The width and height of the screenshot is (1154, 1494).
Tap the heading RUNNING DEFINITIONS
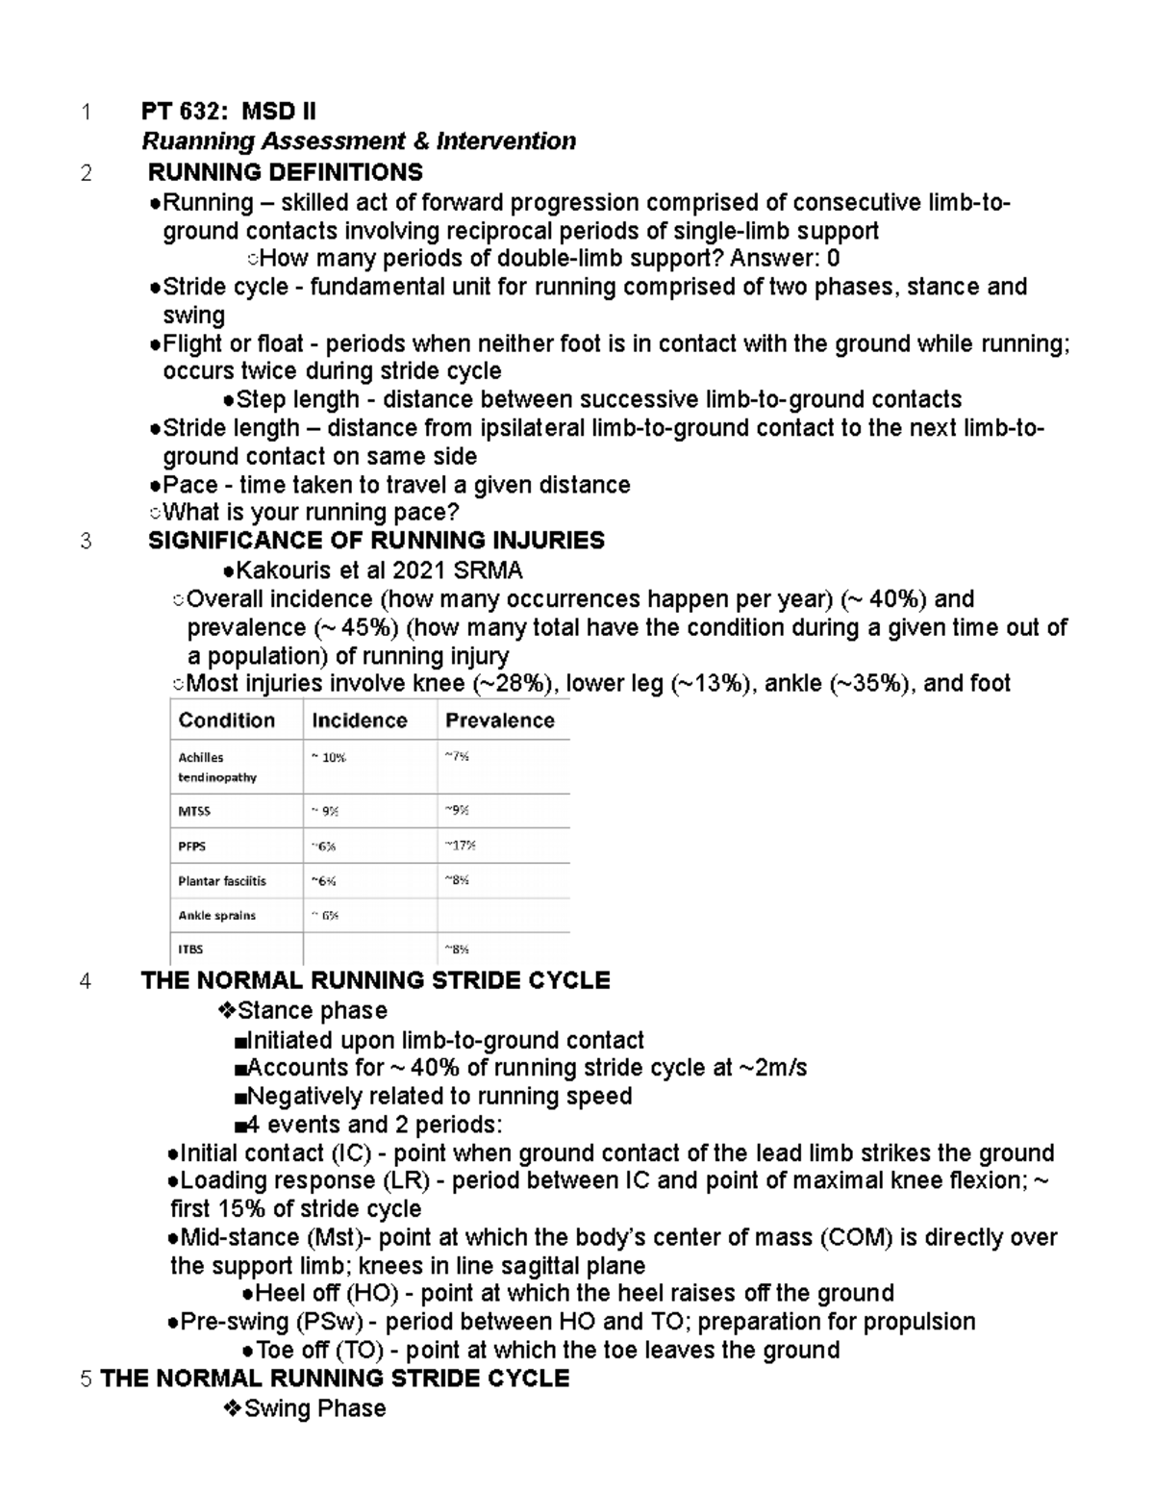tap(285, 172)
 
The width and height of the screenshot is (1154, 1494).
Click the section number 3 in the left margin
tap(87, 541)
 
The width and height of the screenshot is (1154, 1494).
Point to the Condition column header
tap(227, 721)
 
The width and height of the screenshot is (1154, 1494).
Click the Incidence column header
tap(359, 721)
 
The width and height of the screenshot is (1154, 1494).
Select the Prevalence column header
tap(500, 721)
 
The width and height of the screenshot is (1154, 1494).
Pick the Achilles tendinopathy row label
tap(217, 767)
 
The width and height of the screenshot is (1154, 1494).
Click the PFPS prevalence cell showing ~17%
tap(460, 846)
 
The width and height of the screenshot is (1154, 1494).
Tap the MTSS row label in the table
tap(194, 811)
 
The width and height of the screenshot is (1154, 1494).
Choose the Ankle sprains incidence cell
tap(324, 915)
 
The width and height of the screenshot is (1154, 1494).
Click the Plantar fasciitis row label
tap(222, 880)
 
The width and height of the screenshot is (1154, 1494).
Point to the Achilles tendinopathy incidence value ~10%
tap(328, 757)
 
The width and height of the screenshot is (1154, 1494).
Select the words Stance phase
tap(313, 1010)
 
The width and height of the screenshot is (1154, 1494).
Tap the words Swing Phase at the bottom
tap(314, 1408)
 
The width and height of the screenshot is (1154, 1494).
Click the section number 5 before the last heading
tap(87, 1379)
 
